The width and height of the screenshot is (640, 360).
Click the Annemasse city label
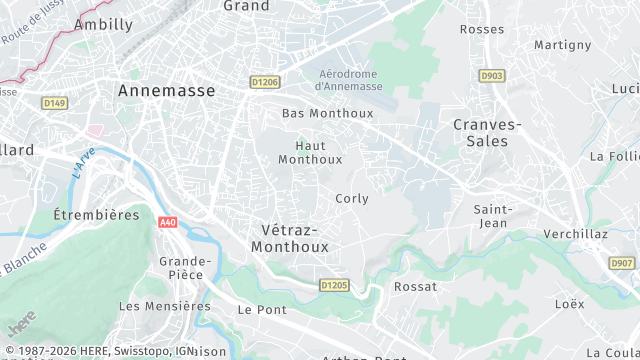click(x=166, y=90)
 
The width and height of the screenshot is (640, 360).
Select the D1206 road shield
click(x=265, y=82)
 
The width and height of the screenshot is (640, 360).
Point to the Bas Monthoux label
click(x=327, y=113)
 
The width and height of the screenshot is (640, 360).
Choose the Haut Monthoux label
click(x=310, y=152)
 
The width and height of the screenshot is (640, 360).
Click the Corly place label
click(x=352, y=198)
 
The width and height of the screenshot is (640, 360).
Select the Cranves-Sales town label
click(x=487, y=132)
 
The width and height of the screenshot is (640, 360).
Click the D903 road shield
click(x=491, y=75)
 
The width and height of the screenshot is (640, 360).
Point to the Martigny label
click(x=563, y=45)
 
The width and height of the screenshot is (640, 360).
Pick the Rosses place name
click(x=482, y=29)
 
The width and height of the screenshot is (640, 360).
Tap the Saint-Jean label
click(x=494, y=216)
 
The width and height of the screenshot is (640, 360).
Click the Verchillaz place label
click(x=577, y=234)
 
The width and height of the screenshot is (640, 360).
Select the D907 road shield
click(x=622, y=263)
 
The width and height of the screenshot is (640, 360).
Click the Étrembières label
click(x=96, y=215)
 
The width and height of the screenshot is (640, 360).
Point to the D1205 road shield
click(x=334, y=285)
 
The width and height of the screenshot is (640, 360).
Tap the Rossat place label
click(x=416, y=286)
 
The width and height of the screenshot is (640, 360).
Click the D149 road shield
click(x=54, y=102)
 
